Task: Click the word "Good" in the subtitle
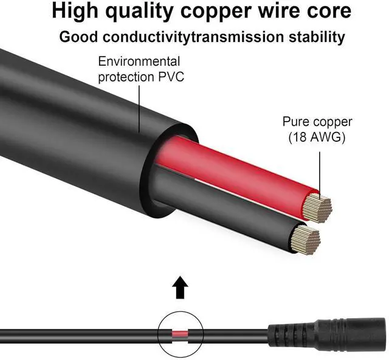tap(80, 36)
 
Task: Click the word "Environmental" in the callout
tap(139, 62)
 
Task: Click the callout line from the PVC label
tap(140, 109)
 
